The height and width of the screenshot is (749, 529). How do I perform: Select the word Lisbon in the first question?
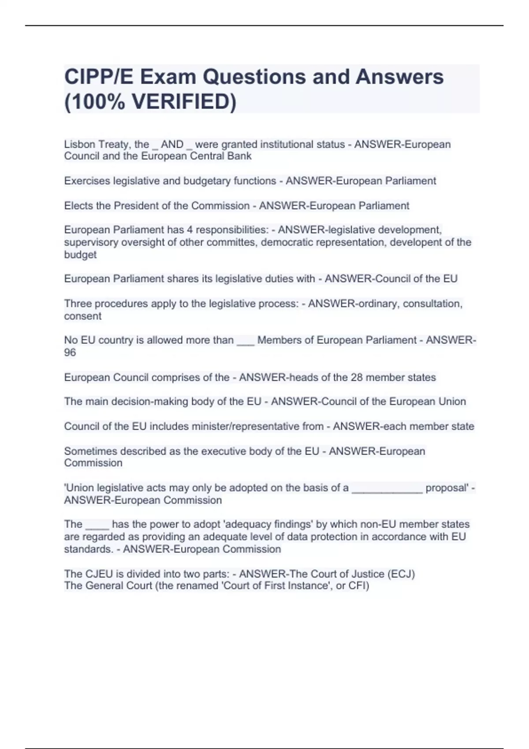[x=80, y=145]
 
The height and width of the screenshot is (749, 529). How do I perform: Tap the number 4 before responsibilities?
[x=190, y=230]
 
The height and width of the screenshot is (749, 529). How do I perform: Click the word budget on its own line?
[x=80, y=255]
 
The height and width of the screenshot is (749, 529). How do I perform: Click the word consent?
[x=83, y=316]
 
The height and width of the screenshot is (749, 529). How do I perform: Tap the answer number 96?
[x=70, y=352]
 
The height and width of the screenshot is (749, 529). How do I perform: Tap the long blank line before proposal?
[x=387, y=489]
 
